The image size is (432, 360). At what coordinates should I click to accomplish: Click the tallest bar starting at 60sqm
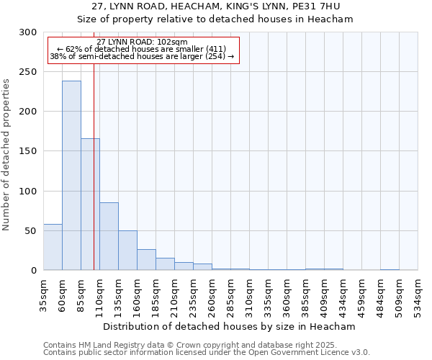71,176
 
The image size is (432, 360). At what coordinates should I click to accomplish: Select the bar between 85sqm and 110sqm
90,204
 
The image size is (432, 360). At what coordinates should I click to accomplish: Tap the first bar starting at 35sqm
53,247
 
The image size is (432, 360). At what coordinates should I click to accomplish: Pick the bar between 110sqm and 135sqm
109,236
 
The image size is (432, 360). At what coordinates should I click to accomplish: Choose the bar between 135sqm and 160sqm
127,250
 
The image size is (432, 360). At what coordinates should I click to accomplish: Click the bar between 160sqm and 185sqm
146,260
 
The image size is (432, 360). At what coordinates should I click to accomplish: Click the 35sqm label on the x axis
44,293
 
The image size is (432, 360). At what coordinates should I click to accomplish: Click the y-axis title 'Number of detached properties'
6,155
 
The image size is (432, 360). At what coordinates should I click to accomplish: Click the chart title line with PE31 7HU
216,6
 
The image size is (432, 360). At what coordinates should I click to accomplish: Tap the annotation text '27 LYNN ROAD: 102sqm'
142,42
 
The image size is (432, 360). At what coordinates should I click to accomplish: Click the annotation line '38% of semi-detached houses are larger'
142,56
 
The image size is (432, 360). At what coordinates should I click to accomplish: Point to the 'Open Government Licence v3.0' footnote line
207,353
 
